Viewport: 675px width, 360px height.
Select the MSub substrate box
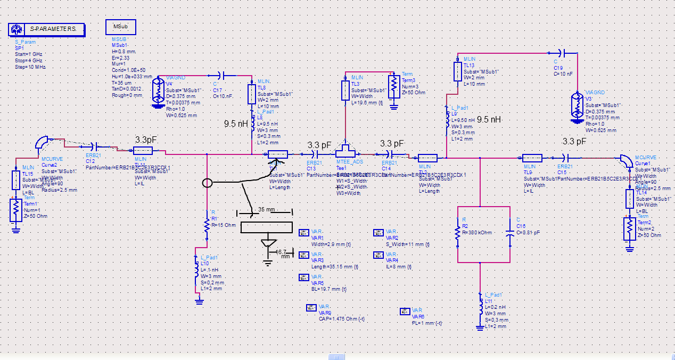pos(120,27)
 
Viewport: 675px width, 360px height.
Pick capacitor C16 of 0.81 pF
pos(510,233)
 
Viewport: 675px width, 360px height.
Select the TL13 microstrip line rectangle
pos(457,71)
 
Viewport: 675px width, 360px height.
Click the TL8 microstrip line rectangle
pos(252,94)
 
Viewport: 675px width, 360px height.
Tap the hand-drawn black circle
pos(208,183)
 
